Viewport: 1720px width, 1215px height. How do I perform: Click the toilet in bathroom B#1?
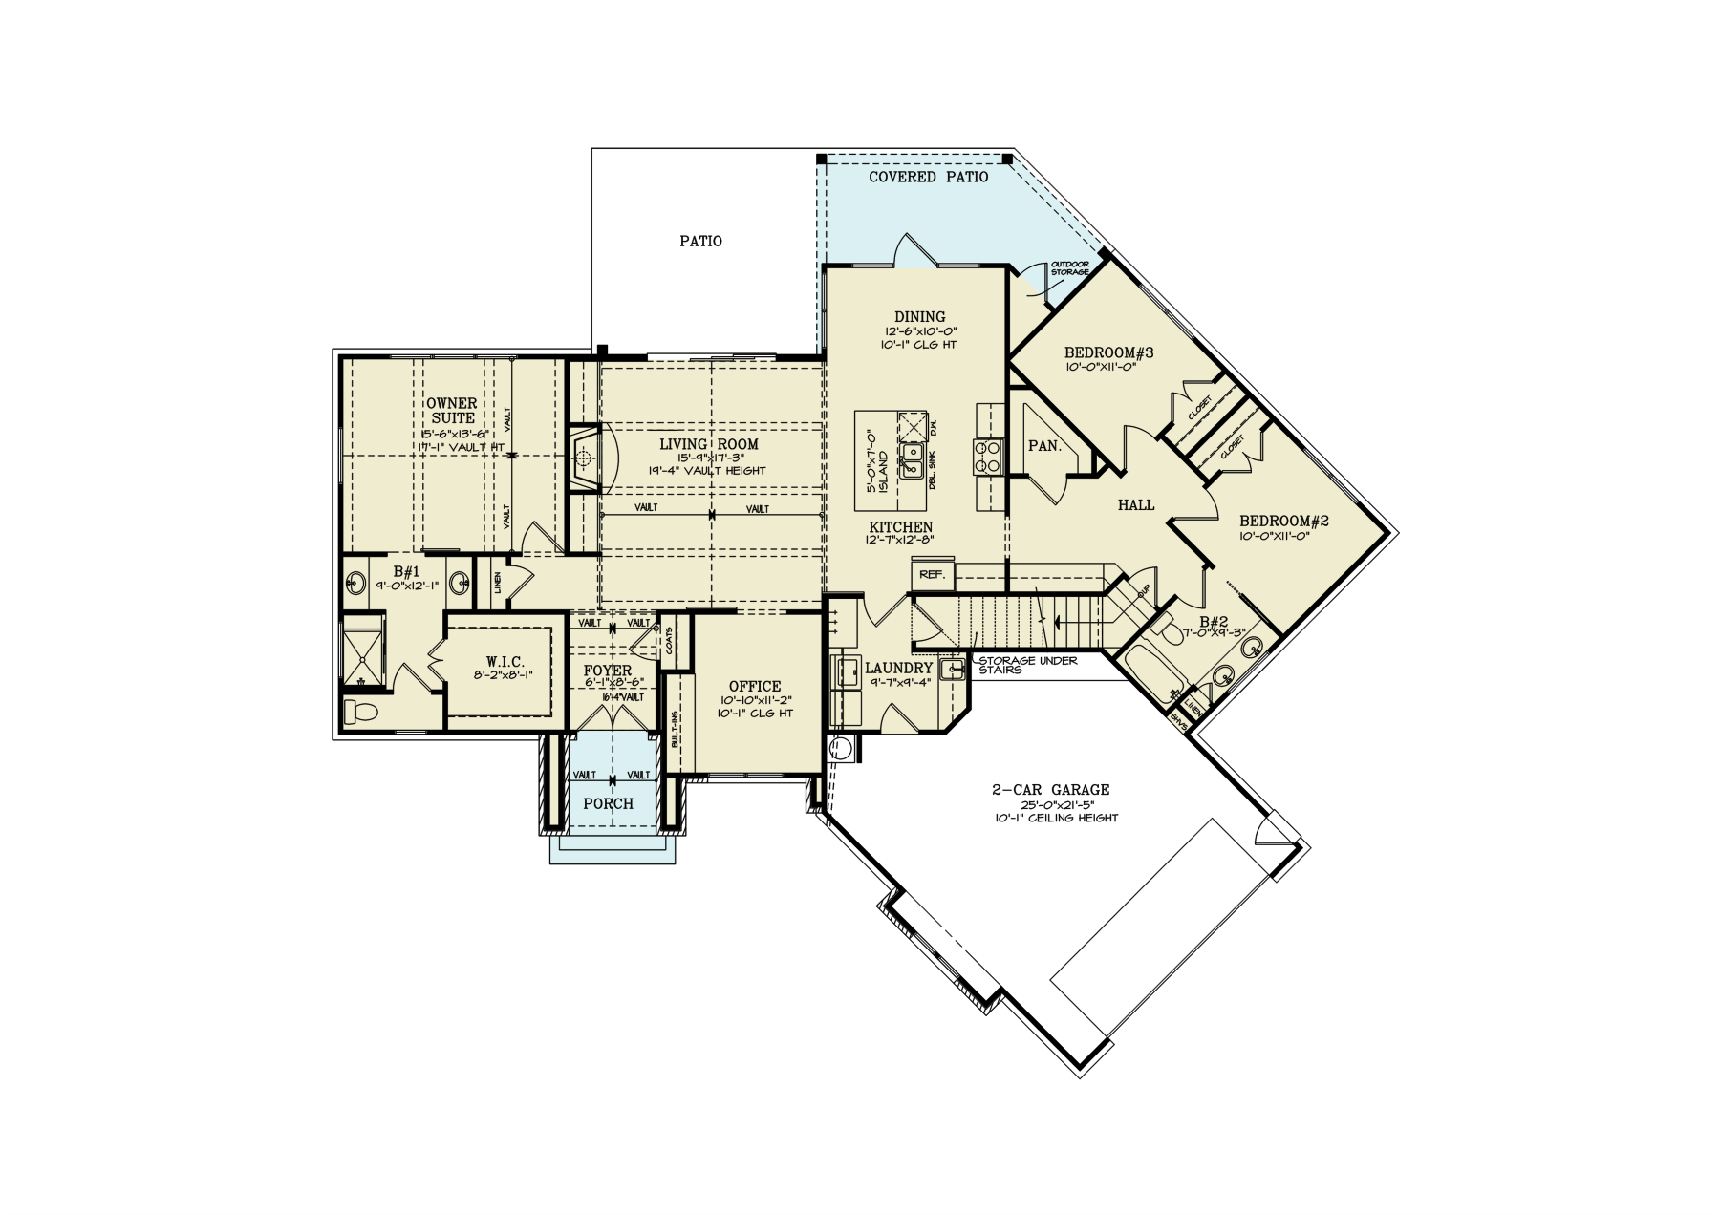coord(360,711)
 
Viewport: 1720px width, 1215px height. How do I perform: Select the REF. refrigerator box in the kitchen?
coord(932,575)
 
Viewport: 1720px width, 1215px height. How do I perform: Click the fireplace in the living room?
coord(582,459)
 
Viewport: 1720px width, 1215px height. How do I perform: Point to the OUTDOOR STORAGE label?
coord(1069,268)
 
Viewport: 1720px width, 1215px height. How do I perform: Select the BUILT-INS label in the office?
coord(675,730)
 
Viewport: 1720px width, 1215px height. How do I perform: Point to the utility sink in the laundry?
coord(951,669)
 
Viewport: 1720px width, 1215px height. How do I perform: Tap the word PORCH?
coord(608,804)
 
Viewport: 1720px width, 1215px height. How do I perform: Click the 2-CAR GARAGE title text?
coord(1050,790)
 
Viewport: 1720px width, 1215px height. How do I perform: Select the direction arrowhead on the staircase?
coord(1056,621)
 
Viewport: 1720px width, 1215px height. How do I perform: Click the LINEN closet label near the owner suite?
coord(498,583)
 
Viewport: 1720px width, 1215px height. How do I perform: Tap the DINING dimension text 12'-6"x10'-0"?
coord(919,331)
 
